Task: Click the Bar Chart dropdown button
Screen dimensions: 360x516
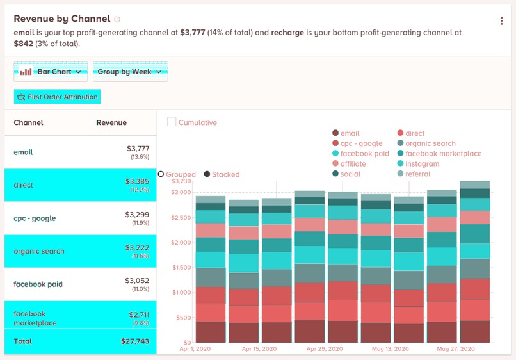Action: (x=51, y=72)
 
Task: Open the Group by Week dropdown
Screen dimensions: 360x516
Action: (x=130, y=72)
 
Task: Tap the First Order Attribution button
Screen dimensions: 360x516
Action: (x=58, y=97)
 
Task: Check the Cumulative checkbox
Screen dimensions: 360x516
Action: (x=172, y=122)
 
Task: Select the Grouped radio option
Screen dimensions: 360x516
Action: (x=161, y=174)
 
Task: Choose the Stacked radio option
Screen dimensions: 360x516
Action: (x=207, y=174)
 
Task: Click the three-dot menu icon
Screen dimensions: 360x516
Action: (x=501, y=20)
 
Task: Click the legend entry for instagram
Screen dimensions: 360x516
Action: (x=423, y=164)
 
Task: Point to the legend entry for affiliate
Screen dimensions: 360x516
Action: (x=353, y=164)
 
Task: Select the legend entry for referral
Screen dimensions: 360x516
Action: (x=417, y=174)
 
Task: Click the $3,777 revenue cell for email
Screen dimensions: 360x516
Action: (x=138, y=149)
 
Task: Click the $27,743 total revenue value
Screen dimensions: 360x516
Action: (x=134, y=341)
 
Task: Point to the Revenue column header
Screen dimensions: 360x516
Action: (x=111, y=122)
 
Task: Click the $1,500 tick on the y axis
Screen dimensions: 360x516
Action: (x=181, y=267)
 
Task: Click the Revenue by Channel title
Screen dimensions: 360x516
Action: (x=61, y=19)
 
